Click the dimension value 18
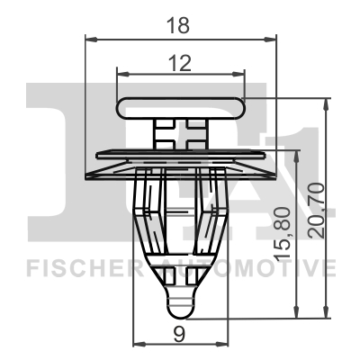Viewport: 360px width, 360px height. coord(180,26)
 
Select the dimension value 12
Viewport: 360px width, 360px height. coord(180,62)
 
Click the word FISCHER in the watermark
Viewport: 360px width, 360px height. coord(76,268)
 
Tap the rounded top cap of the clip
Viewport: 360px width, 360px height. coord(180,104)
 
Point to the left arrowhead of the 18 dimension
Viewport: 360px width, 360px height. coord(90,39)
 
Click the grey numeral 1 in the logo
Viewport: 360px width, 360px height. coord(301,162)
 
